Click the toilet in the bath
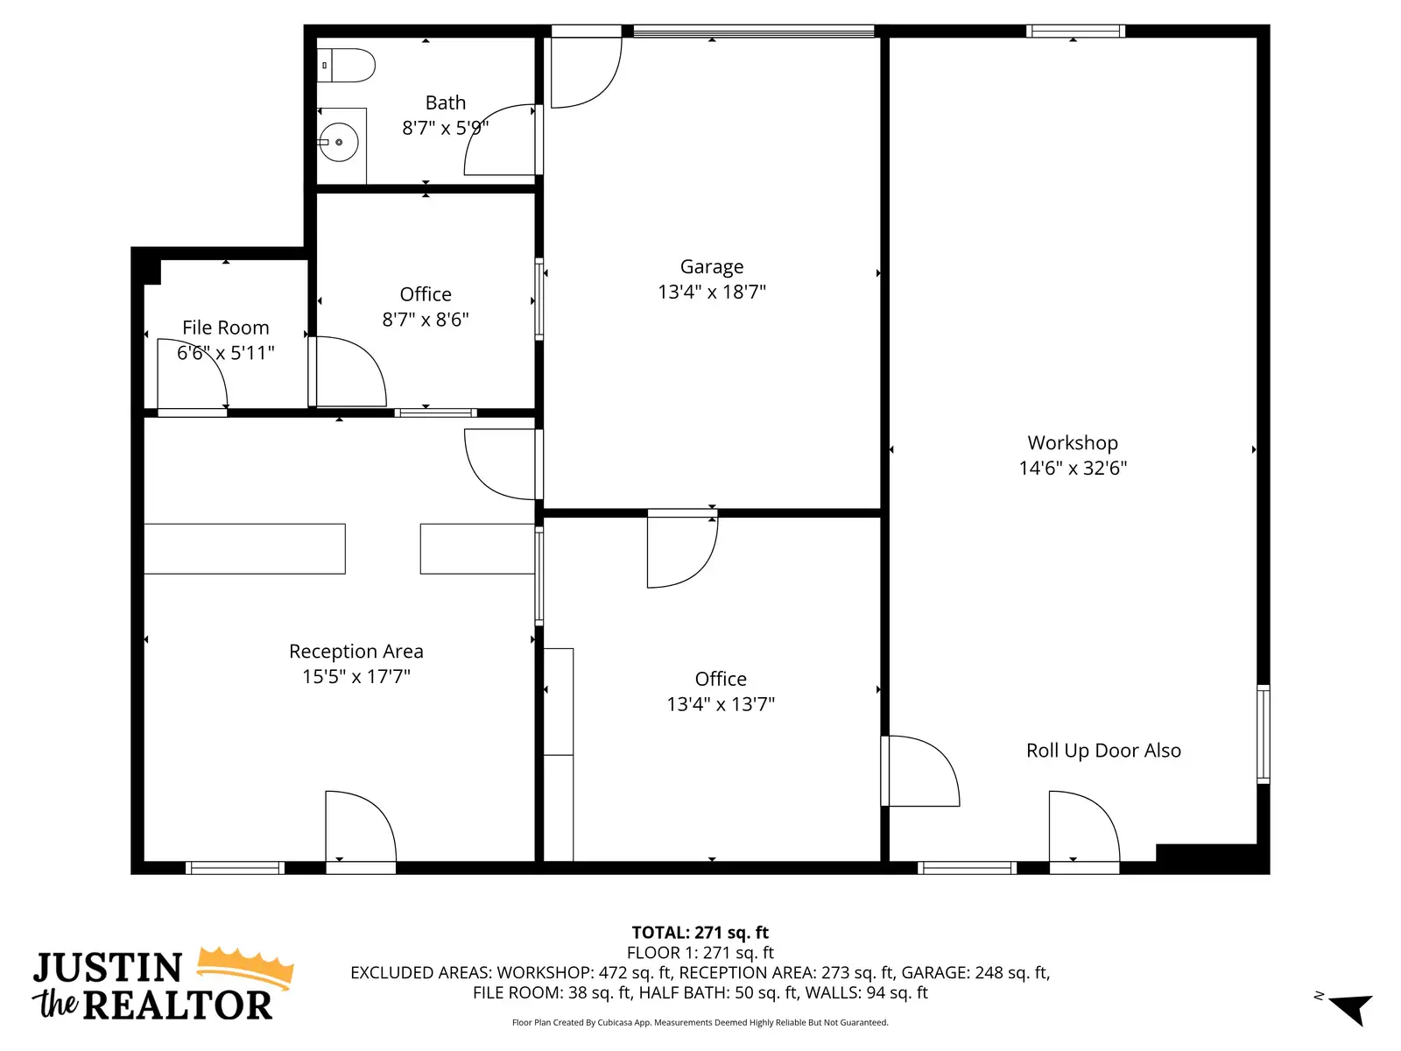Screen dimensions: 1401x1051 tap(345, 65)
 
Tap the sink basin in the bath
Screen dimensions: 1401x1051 tap(338, 142)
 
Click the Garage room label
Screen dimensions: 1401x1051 tap(711, 266)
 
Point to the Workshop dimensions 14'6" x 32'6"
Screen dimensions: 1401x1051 tap(1073, 468)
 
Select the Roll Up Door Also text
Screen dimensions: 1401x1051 tap(1103, 751)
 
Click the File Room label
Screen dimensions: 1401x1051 tap(225, 328)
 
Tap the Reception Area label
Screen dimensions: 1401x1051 tap(356, 651)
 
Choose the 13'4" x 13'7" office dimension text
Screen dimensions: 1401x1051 tap(721, 704)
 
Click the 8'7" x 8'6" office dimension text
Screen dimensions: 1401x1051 tap(425, 319)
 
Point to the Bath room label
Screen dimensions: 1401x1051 tap(446, 102)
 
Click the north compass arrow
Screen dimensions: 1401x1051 tap(1352, 1007)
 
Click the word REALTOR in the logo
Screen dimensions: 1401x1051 tap(178, 1005)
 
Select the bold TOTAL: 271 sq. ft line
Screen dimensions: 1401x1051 tap(700, 932)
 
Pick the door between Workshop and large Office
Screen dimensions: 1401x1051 tap(919, 771)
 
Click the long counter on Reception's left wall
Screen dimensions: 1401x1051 tap(244, 549)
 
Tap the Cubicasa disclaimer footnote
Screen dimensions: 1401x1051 tap(700, 1022)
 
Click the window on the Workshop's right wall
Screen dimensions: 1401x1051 tap(1264, 734)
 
